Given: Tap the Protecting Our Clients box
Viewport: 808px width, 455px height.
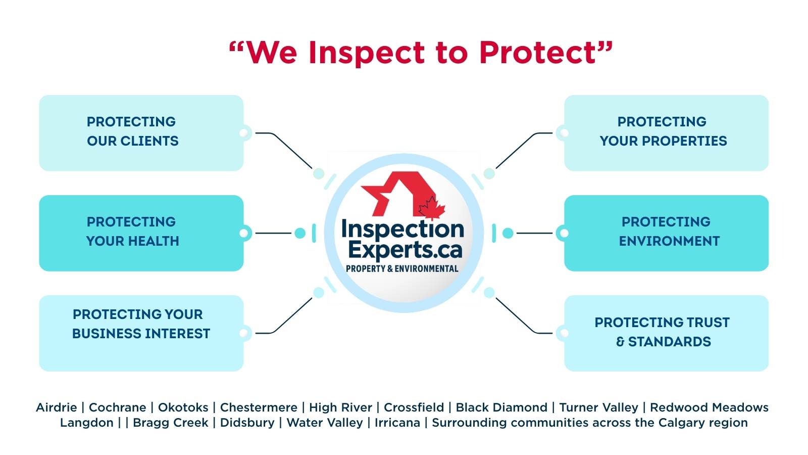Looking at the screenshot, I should (x=141, y=132).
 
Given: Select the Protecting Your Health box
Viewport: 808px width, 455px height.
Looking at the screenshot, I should (x=141, y=233).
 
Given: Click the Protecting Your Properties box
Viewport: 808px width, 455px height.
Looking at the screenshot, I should (x=666, y=132).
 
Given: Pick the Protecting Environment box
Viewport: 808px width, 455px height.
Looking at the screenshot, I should (x=666, y=233).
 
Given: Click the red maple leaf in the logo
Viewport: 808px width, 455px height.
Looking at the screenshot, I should (x=431, y=207).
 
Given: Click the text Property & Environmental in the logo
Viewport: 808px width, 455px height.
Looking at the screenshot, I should (x=402, y=268).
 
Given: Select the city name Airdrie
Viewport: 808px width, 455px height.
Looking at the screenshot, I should (x=57, y=407).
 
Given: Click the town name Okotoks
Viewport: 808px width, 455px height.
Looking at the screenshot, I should (x=183, y=407).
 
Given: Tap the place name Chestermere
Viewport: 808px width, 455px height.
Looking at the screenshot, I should (x=259, y=407).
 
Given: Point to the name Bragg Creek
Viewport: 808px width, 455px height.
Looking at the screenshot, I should (x=170, y=423).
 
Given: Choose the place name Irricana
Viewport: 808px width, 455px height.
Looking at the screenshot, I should (x=397, y=423).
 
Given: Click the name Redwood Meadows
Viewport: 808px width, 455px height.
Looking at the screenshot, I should (x=709, y=407).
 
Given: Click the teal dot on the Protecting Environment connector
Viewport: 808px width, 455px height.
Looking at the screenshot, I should (x=508, y=233).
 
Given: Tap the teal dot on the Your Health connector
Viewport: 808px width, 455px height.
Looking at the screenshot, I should (x=300, y=233).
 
